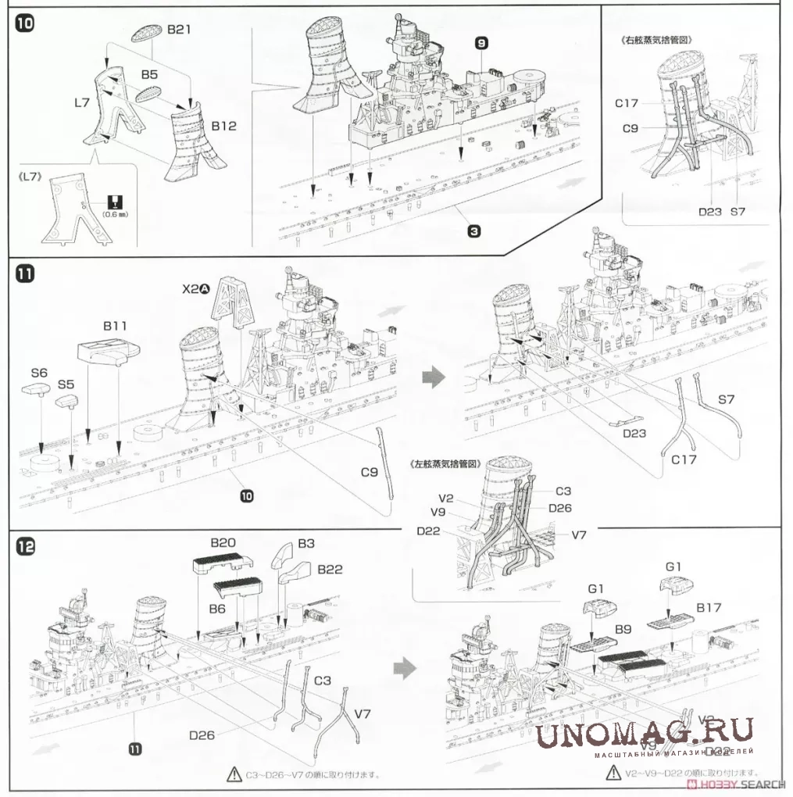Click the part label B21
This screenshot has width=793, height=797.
coord(179,30)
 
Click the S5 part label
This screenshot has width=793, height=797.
coord(66,384)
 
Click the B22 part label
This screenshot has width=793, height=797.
coord(330,570)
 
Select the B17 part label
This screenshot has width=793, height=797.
coord(709,606)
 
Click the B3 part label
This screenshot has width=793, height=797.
coord(305,543)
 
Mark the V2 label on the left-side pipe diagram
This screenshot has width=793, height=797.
coord(446,498)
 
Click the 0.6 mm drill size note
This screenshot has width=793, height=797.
coord(113,212)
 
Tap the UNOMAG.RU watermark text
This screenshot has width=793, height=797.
coord(645,732)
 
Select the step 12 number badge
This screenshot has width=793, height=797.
coord(26,548)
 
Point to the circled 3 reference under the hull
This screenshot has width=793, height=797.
coord(474,231)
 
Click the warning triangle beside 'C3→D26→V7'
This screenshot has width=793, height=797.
coord(233,774)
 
